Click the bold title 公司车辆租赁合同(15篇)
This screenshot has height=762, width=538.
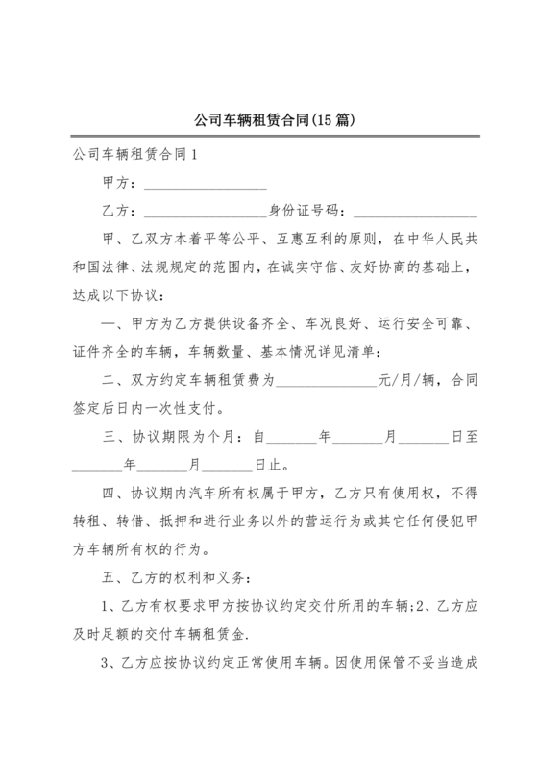tap(269, 122)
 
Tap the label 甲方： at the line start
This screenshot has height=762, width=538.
tap(121, 183)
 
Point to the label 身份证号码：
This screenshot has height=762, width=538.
tap(309, 211)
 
